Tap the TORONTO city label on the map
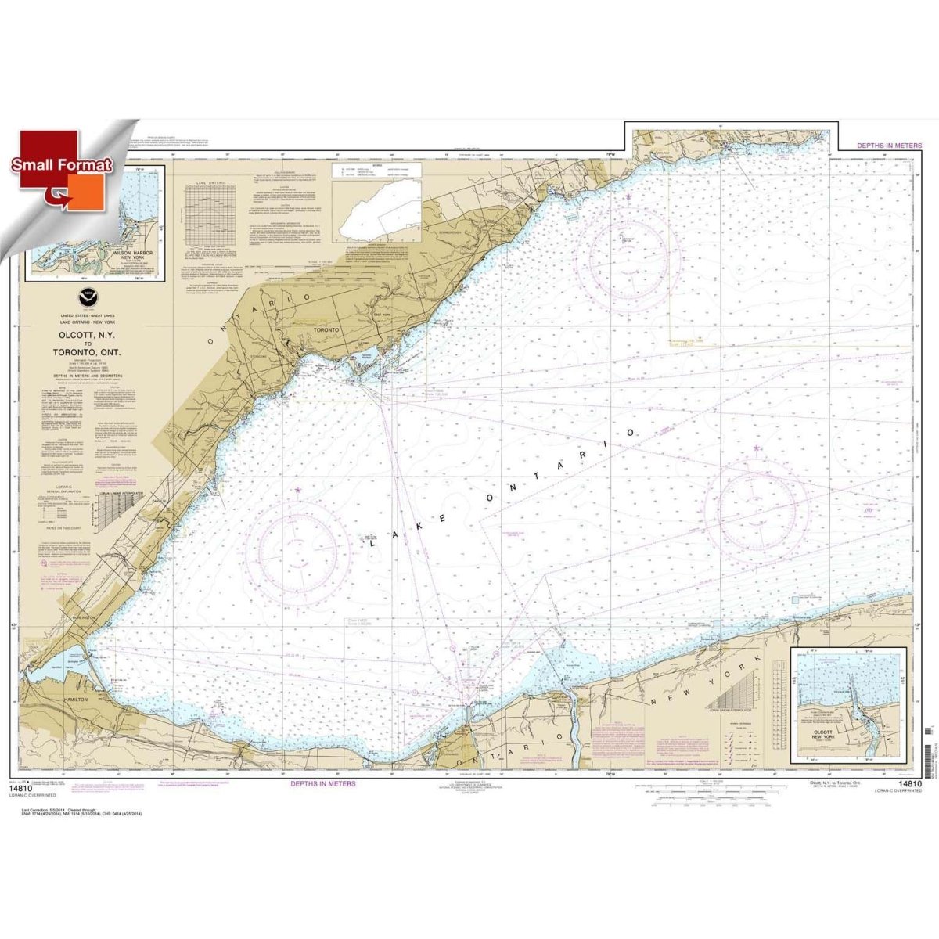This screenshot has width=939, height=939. pos(323,331)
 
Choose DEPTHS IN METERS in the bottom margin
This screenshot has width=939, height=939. pos(323,782)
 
